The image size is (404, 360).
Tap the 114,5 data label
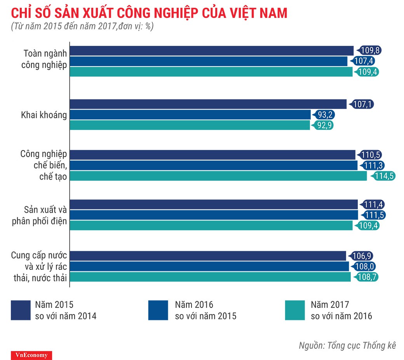pos(384,176)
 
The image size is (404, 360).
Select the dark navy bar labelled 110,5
pos(212,155)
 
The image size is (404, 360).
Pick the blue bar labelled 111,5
pos(214,215)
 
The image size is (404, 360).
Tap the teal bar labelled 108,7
pos(210,277)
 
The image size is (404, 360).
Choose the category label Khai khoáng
pos(44,115)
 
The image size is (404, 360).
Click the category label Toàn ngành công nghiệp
pos(45,59)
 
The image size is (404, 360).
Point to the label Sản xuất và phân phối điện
pos(45,215)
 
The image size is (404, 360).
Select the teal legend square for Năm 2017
pos(295,310)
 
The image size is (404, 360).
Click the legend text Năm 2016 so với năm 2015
pos(205,310)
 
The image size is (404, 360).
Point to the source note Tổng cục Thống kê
pos(347,345)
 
